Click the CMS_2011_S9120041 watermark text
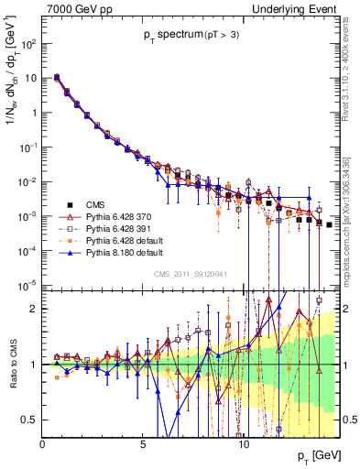[x=190, y=272]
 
